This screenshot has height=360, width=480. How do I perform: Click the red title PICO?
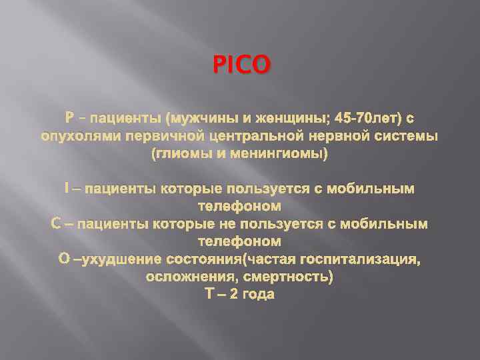pyautogui.click(x=242, y=65)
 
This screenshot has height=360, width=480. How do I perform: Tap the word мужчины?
pyautogui.click(x=200, y=119)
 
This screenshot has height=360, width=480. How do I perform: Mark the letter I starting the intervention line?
pyautogui.click(x=67, y=189)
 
